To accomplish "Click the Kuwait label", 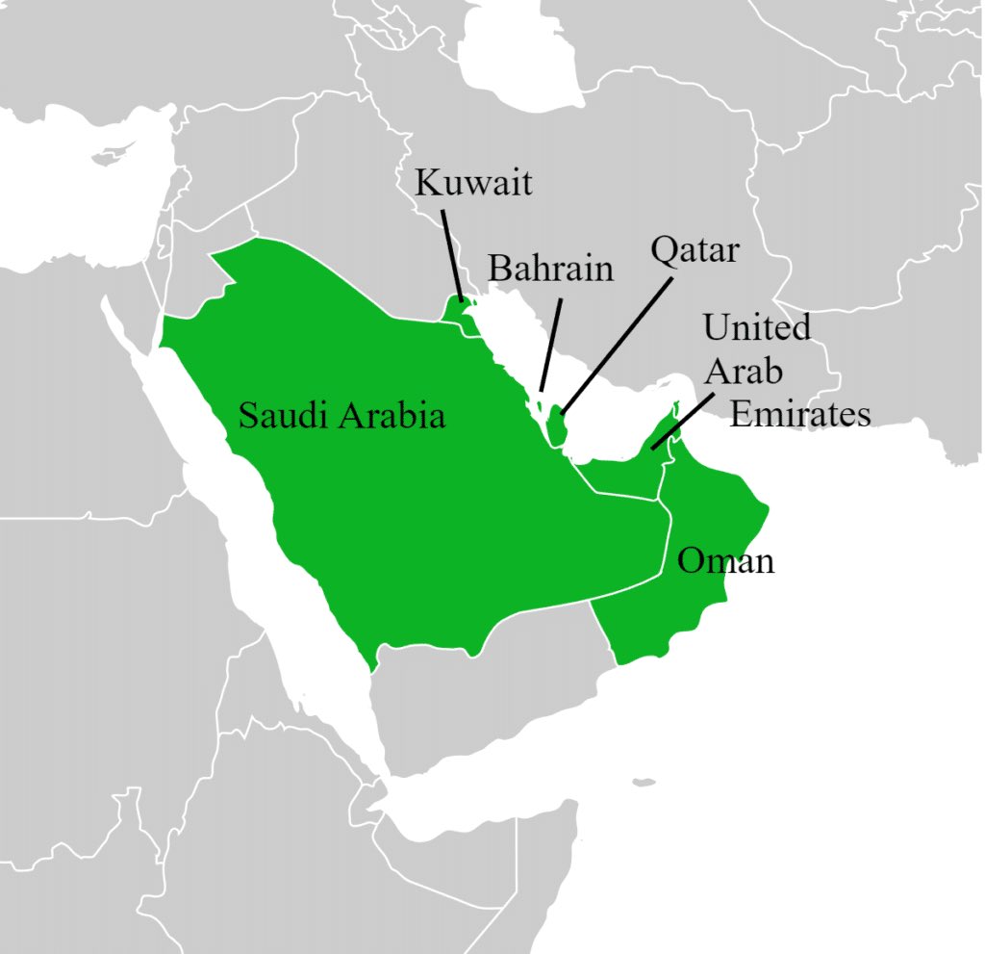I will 473,182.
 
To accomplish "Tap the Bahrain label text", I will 550,268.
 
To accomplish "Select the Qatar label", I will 695,249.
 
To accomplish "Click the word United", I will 757,327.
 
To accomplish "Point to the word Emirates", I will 800,414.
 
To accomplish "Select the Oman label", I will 725,560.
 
